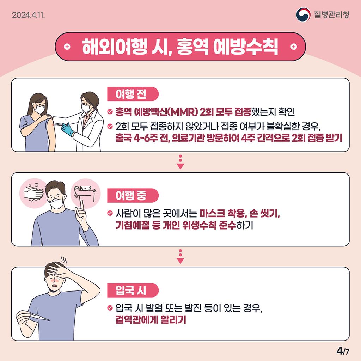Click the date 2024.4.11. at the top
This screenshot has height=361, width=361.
point(28,15)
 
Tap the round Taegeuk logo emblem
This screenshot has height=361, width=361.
point(303,15)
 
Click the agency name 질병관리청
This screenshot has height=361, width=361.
point(332,15)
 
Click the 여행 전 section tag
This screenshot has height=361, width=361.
point(133,94)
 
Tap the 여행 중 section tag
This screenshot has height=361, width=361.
point(133,195)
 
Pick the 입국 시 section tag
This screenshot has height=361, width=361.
point(133,290)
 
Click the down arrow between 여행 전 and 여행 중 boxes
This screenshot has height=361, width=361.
point(180,162)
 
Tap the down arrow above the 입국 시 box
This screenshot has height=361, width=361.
point(180,257)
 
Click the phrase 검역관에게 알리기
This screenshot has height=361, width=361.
point(151,319)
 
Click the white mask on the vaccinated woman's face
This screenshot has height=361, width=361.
point(39,109)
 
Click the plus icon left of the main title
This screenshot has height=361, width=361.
point(67,47)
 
